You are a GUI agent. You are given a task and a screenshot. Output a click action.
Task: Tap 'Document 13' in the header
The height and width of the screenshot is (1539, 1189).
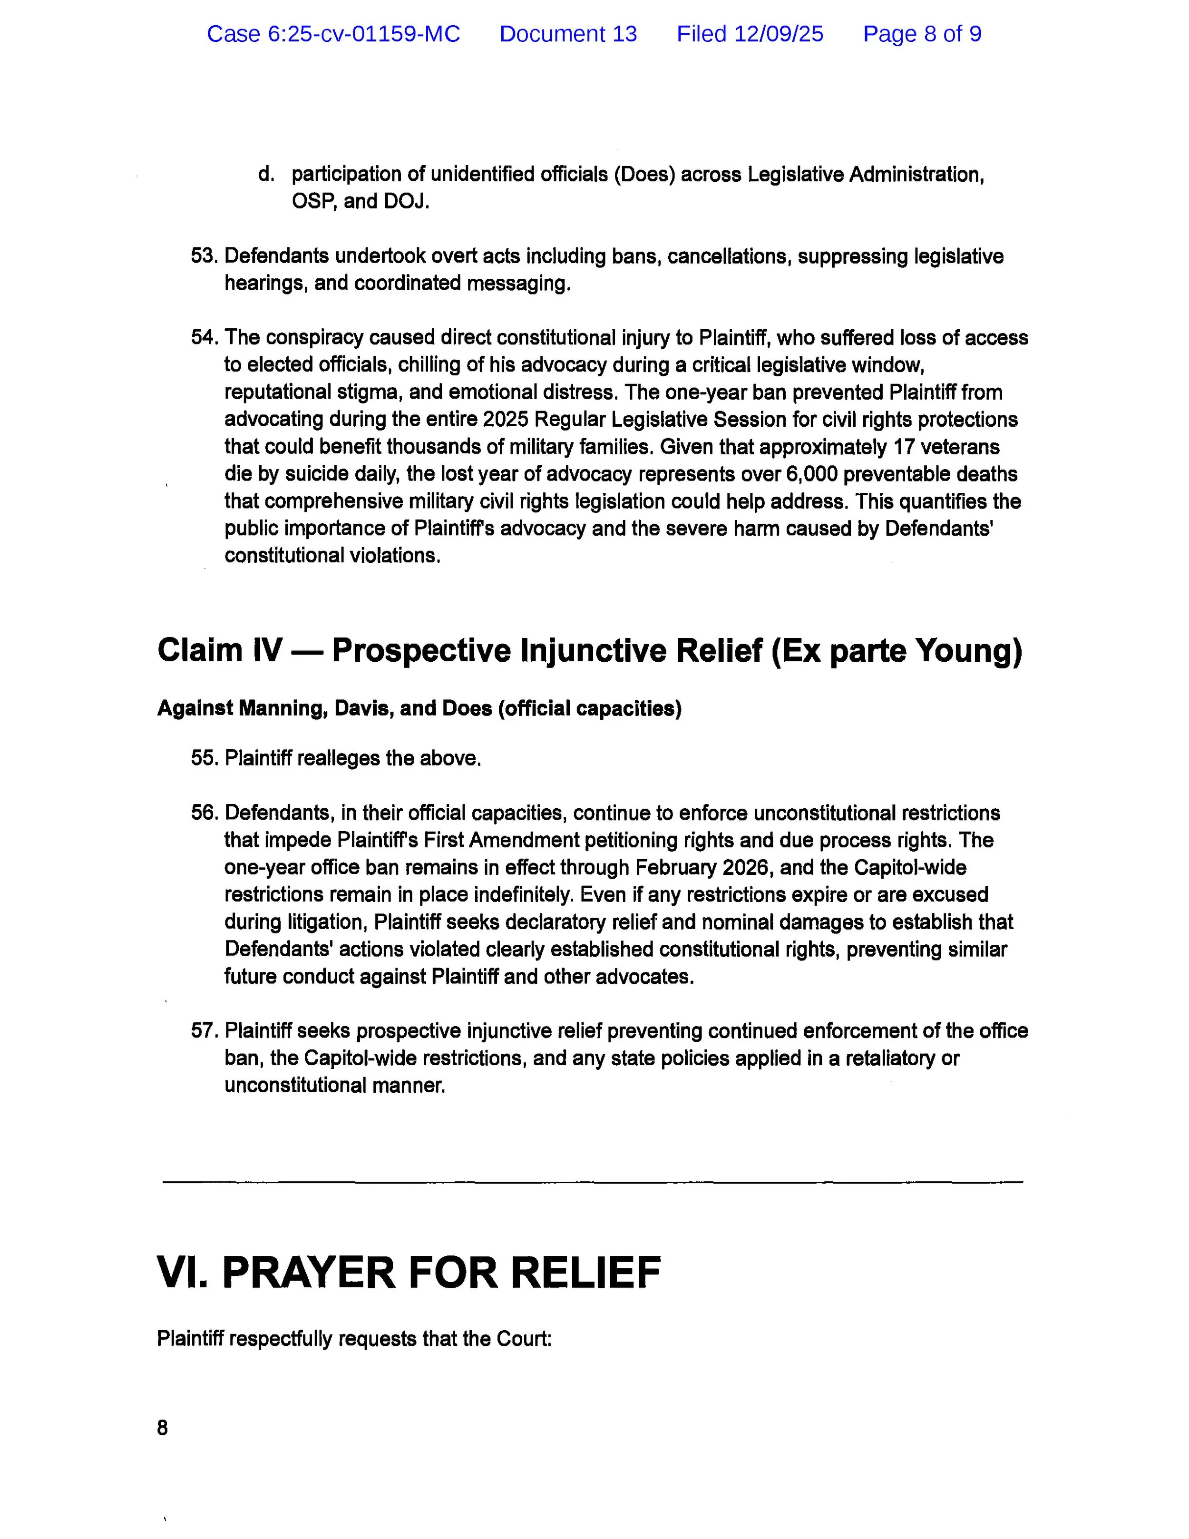point(568,34)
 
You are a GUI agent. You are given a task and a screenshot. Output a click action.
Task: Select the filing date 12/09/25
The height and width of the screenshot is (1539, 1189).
point(779,34)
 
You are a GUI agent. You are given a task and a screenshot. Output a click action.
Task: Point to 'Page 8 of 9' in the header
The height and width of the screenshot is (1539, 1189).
point(922,34)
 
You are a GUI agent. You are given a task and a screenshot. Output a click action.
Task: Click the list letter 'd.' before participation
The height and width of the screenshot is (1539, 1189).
point(265,174)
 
